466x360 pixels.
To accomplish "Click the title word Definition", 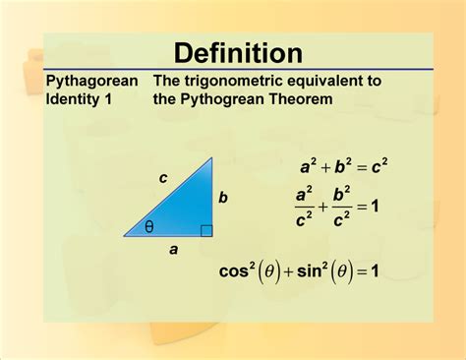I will point(238,53).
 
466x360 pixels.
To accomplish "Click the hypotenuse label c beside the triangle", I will point(163,178).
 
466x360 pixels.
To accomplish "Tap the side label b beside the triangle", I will point(223,198).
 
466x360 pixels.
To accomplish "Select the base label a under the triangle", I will point(173,250).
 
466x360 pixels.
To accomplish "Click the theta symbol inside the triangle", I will point(149,226).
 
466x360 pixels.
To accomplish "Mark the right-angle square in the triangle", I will point(205,231).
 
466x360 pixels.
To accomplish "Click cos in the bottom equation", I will point(237,270).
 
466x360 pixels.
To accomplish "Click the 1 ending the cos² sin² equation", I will point(375,270).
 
